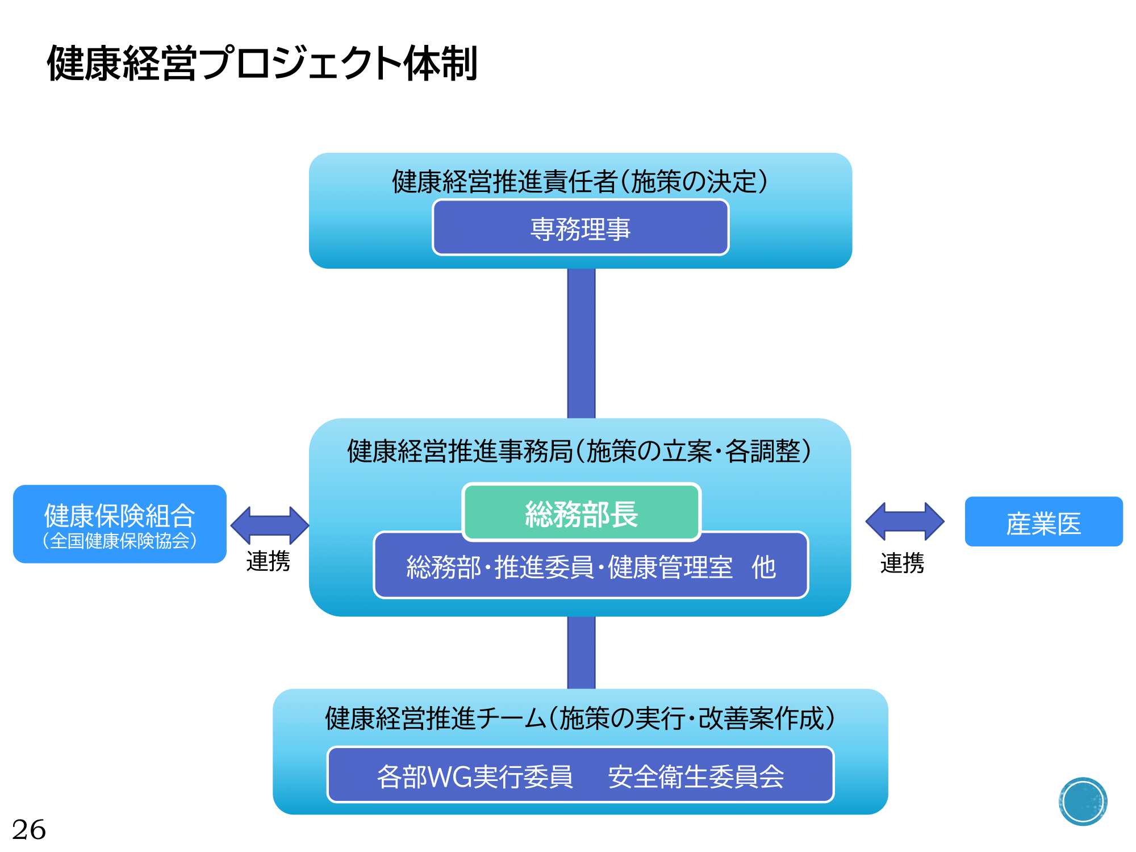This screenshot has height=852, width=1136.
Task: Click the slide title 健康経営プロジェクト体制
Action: [x=262, y=63]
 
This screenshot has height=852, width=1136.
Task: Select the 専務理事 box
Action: [x=580, y=227]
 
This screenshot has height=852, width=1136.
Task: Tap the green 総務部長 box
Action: [x=582, y=512]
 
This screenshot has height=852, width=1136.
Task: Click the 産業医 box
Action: [x=1043, y=521]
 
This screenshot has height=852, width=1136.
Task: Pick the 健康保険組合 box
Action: [x=120, y=524]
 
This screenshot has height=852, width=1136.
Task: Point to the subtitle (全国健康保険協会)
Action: [x=120, y=541]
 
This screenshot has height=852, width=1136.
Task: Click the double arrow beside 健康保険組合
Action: [x=270, y=525]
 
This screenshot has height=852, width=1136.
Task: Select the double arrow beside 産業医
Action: [x=905, y=521]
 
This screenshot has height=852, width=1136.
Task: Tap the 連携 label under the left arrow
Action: [x=268, y=561]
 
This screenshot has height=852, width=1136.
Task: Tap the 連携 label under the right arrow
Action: [x=902, y=563]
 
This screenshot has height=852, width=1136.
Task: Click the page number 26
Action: [x=29, y=830]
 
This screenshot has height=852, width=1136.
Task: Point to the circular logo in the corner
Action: [x=1083, y=801]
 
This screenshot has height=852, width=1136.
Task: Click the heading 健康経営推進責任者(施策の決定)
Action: [x=580, y=182]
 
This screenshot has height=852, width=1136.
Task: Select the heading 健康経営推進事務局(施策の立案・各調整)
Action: [x=580, y=452]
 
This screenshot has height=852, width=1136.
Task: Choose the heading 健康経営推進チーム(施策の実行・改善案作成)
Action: [x=580, y=719]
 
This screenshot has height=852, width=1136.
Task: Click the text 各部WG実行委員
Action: [x=475, y=776]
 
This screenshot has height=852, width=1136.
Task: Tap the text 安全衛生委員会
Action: [x=696, y=776]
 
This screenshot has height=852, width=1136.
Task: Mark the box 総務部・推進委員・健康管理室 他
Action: [x=591, y=566]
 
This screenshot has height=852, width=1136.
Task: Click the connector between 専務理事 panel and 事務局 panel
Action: [x=581, y=344]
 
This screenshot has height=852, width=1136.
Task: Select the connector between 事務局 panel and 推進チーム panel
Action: [x=581, y=653]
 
